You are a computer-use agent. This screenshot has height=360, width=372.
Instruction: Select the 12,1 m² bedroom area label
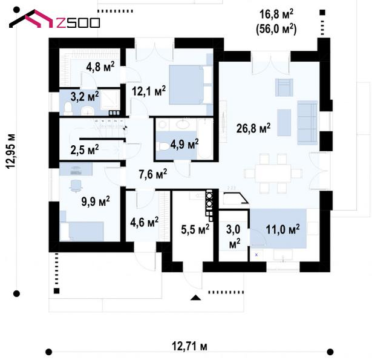pyautogui.click(x=149, y=91)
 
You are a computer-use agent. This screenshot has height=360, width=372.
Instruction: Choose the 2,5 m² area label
pyautogui.click(x=85, y=149)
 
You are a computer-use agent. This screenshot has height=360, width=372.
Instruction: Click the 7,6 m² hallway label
pyautogui.click(x=152, y=174)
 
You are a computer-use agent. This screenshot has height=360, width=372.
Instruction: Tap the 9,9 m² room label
pyautogui.click(x=96, y=200)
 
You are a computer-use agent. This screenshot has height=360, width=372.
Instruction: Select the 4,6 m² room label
pyautogui.click(x=144, y=222)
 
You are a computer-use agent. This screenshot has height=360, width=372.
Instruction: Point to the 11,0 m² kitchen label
pyautogui.click(x=282, y=229)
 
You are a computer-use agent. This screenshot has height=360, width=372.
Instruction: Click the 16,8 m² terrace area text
pyautogui.click(x=278, y=14)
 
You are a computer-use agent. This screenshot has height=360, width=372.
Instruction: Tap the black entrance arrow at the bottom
pyautogui.click(x=195, y=297)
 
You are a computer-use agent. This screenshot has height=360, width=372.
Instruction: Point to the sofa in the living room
pyautogui.click(x=307, y=119)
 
